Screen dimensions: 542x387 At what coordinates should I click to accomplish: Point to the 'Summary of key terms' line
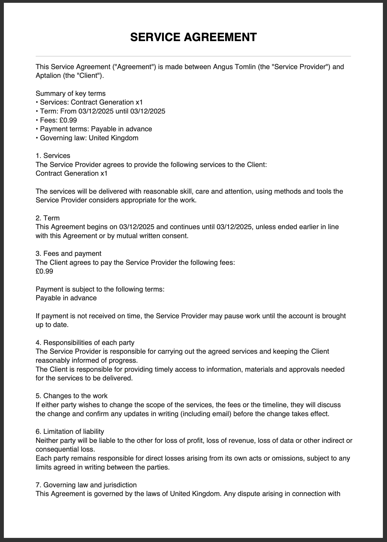tap(71, 93)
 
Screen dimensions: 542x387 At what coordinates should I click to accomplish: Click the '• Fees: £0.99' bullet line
tap(56, 120)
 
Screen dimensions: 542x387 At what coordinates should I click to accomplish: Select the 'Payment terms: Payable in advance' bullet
tap(94, 129)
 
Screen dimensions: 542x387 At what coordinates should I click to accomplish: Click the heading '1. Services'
tap(53, 156)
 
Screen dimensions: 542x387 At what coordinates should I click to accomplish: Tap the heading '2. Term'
tap(48, 218)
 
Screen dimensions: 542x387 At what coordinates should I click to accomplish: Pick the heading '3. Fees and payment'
tap(68, 254)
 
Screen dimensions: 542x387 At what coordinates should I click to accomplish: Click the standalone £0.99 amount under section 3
tap(44, 271)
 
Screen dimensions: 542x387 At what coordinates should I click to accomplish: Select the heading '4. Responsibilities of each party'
tap(85, 343)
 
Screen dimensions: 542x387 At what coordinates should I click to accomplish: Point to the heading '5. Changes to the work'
tap(72, 396)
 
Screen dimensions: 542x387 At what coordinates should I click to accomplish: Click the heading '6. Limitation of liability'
tap(70, 432)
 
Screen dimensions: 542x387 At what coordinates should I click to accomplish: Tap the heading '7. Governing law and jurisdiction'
tap(86, 485)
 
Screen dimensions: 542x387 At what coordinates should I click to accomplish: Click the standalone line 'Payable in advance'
tap(66, 298)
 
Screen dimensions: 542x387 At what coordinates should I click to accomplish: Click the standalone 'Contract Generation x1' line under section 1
tap(72, 173)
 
